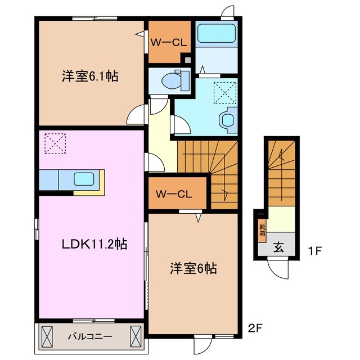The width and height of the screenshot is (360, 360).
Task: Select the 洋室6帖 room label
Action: [x=193, y=268]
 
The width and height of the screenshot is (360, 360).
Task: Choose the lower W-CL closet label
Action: [x=174, y=195]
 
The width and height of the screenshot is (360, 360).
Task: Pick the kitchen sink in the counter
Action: [x=84, y=179]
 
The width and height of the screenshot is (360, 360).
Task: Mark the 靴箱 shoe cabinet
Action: [x=262, y=229]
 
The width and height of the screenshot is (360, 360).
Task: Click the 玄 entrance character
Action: [x=278, y=246]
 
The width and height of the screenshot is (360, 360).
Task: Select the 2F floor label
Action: [x=255, y=326]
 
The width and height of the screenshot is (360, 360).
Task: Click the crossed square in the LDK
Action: [x=55, y=143]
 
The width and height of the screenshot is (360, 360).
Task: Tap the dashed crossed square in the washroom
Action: [x=225, y=91]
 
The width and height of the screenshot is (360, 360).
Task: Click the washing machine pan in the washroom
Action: [x=227, y=119]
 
